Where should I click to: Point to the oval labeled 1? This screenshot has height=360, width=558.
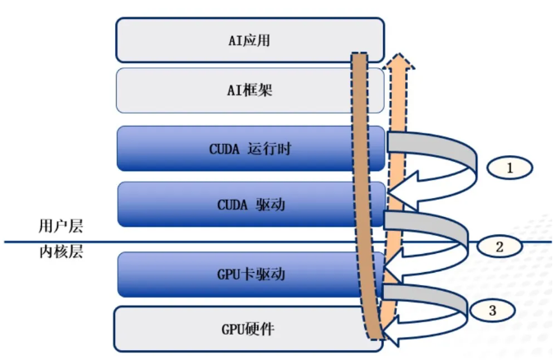coord(509,168)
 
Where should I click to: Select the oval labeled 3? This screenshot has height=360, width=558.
coord(492,310)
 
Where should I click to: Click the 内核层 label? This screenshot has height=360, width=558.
coord(62,252)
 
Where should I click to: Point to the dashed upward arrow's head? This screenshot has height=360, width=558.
coord(398,63)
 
